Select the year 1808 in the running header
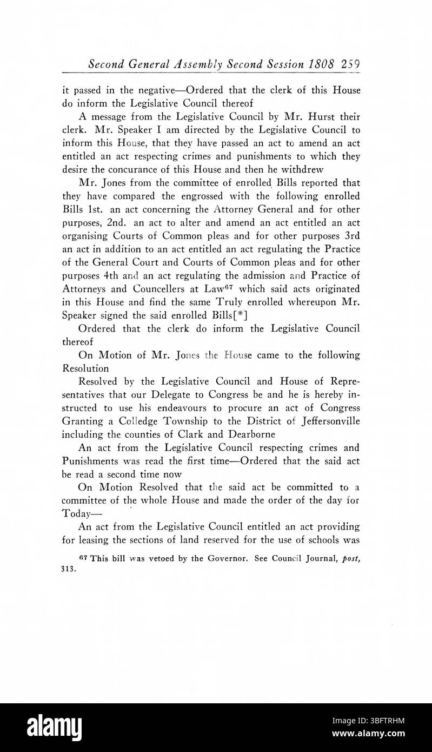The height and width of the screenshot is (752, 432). point(320,64)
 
